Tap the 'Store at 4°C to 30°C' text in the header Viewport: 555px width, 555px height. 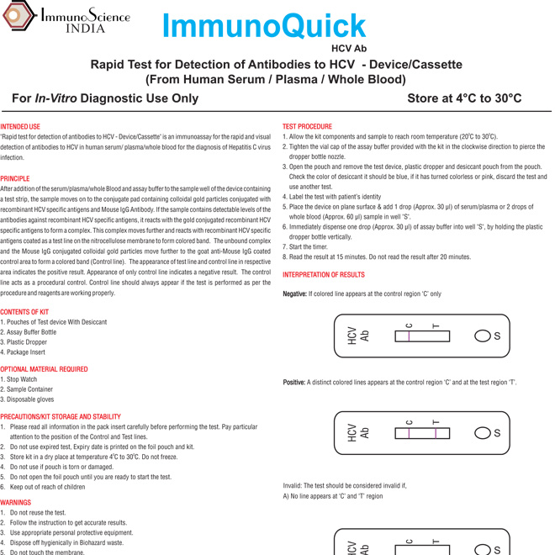[x=464, y=98]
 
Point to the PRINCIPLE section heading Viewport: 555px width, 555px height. [x=15, y=178]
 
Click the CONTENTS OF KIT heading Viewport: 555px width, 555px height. [x=24, y=312]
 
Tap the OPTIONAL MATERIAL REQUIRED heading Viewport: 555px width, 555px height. [x=44, y=369]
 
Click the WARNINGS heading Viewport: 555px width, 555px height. [x=16, y=502]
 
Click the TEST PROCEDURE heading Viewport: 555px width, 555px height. [x=307, y=124]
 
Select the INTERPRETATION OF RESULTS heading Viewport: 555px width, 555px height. [x=323, y=275]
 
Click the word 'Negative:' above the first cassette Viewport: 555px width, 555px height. [x=294, y=293]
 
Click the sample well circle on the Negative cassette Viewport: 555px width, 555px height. [x=483, y=336]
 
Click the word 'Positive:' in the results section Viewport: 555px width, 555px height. [x=293, y=383]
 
